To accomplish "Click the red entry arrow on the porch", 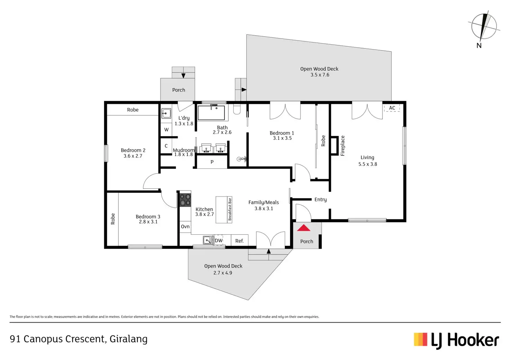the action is pyautogui.click(x=304, y=228).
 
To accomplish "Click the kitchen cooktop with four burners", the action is pyautogui.click(x=185, y=200).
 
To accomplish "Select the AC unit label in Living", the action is pyautogui.click(x=392, y=108).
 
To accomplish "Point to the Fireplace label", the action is pyautogui.click(x=342, y=146).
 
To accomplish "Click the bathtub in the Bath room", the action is pyautogui.click(x=211, y=113).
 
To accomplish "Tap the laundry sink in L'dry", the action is pyautogui.click(x=166, y=113).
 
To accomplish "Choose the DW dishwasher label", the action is pyautogui.click(x=219, y=241).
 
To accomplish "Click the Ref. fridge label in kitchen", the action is pyautogui.click(x=239, y=241).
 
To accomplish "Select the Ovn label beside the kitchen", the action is pyautogui.click(x=185, y=226).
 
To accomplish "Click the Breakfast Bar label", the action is pyautogui.click(x=230, y=209).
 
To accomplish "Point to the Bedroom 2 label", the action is pyautogui.click(x=133, y=150).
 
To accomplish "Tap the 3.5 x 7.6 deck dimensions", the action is pyautogui.click(x=320, y=75).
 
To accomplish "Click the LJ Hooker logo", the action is pyautogui.click(x=456, y=340).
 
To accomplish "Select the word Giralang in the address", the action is pyautogui.click(x=129, y=339).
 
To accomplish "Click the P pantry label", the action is pyautogui.click(x=212, y=162).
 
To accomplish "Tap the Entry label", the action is pyautogui.click(x=320, y=199).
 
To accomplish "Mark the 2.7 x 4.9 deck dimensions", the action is pyautogui.click(x=223, y=273).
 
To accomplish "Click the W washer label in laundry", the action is pyautogui.click(x=166, y=130).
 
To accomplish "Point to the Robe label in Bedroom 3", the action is pyautogui.click(x=113, y=219).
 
